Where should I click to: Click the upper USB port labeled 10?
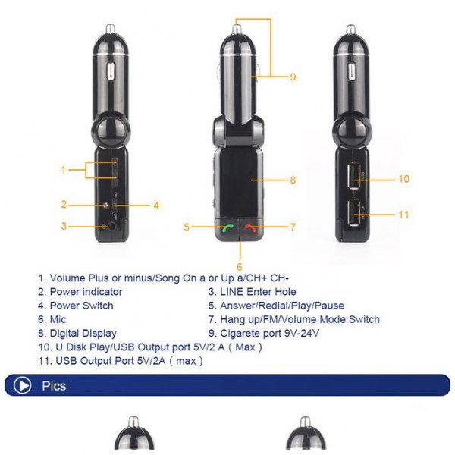coord(354,176)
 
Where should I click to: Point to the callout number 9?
coord(293,77)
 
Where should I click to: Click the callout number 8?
coord(293,180)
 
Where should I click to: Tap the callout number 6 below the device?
coord(240,267)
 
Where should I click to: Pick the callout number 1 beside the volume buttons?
coord(64,170)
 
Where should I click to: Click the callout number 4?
coord(156,206)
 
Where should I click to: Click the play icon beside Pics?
coord(22,385)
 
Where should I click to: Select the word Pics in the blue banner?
coord(54,386)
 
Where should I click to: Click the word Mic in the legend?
coord(58,319)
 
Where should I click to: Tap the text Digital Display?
coord(83,334)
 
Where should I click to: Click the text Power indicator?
coord(86,292)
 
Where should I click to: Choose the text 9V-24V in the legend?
coord(301,333)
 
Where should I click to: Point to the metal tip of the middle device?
coord(237,29)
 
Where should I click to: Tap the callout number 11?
coord(403,215)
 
